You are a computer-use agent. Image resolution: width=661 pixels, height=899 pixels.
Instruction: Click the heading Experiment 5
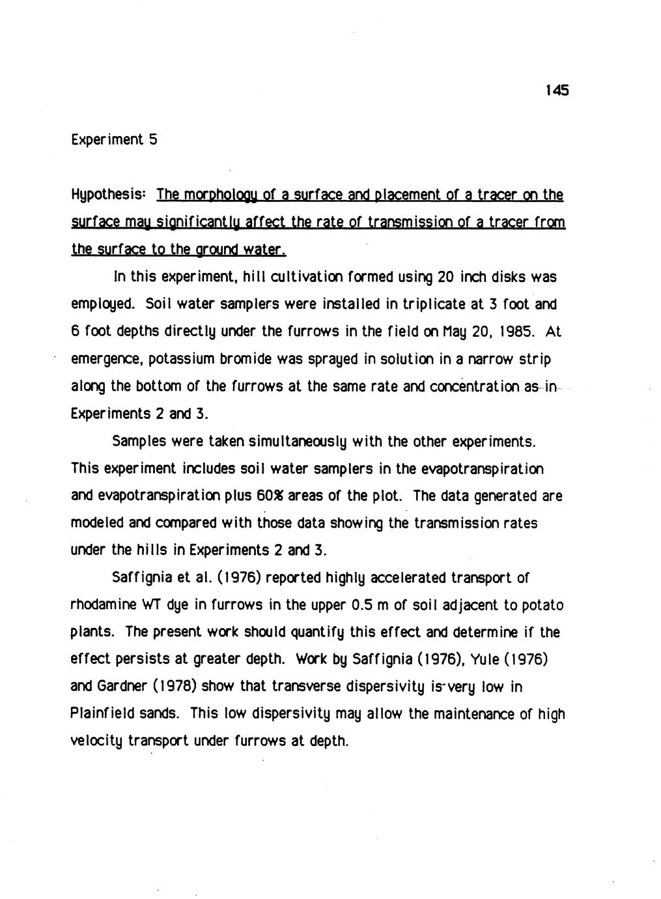click(x=113, y=139)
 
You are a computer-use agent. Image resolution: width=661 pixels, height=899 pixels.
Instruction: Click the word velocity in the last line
click(x=96, y=742)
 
